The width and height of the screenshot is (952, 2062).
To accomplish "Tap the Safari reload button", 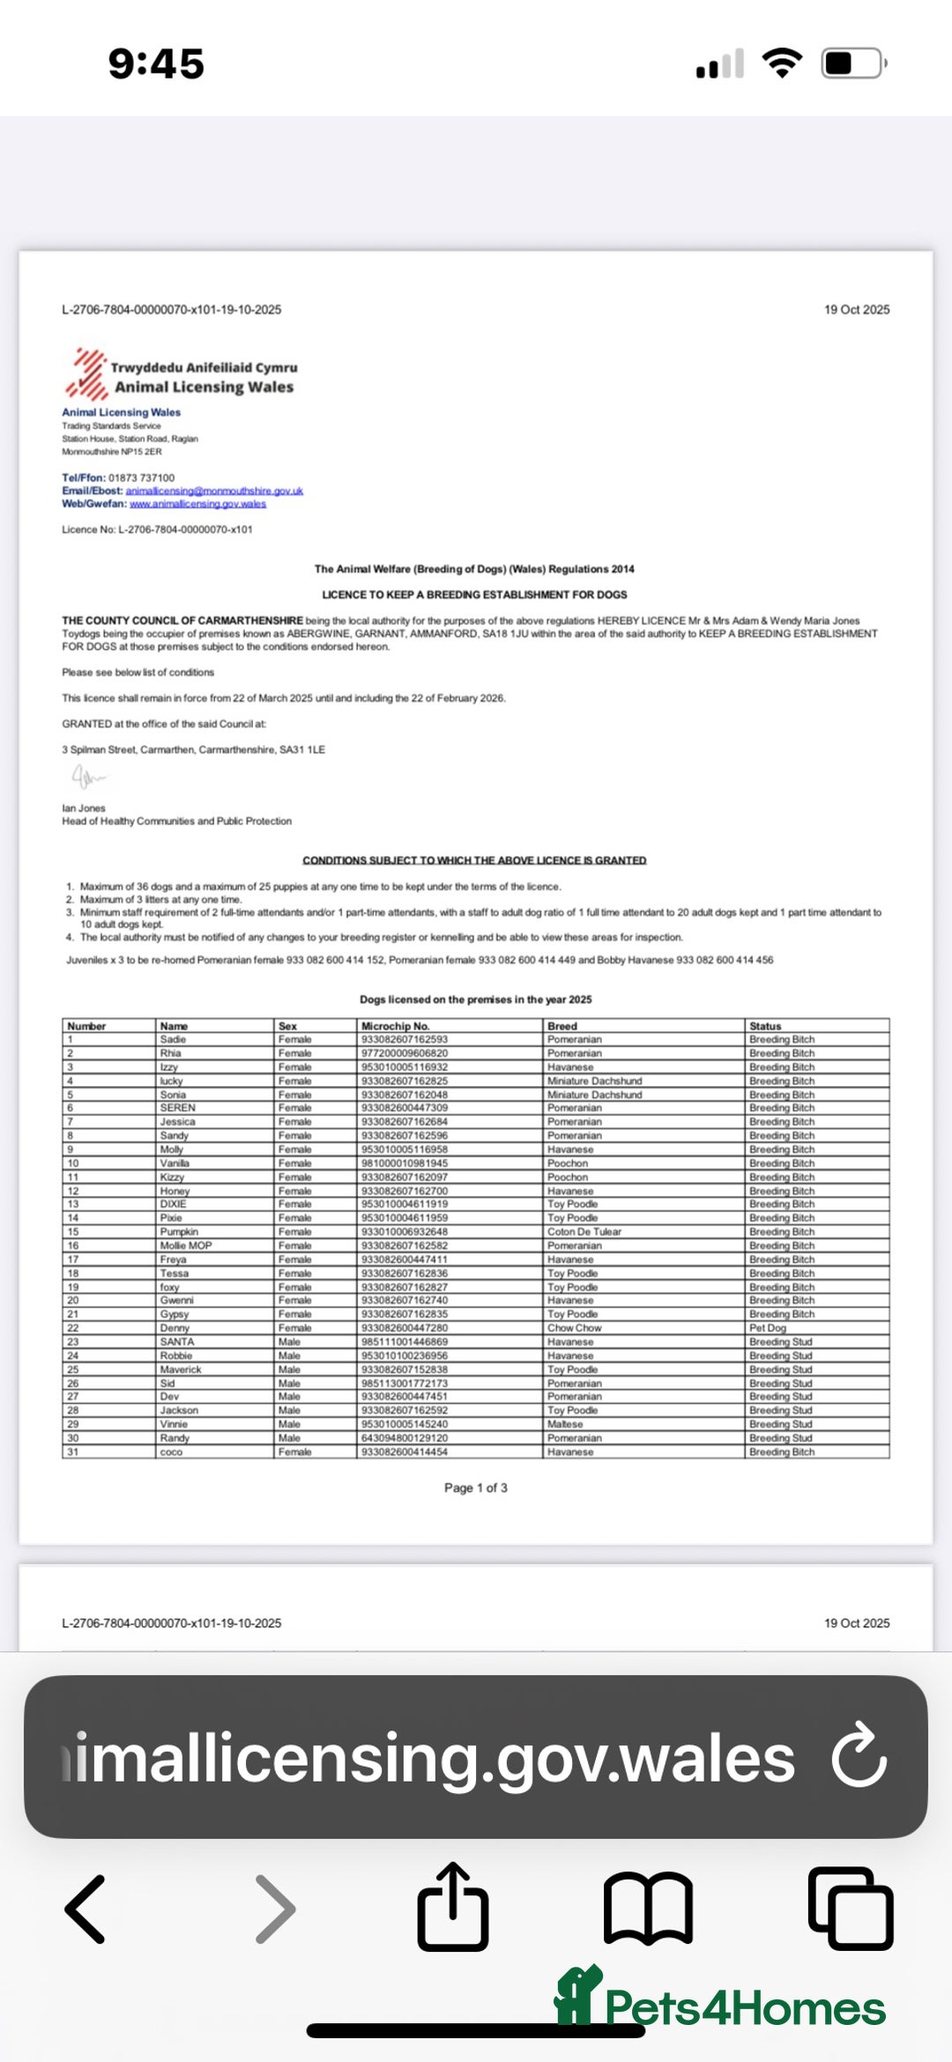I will [859, 1755].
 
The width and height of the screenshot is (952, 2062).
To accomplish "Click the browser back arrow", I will [86, 1909].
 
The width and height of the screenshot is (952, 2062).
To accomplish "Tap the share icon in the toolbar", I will [453, 1906].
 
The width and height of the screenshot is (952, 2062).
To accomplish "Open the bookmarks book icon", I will [648, 1909].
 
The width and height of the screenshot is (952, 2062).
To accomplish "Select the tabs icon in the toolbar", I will [851, 1909].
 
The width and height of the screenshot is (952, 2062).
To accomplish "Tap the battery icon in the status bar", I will [853, 63].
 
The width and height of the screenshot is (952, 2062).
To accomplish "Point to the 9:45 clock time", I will [156, 64].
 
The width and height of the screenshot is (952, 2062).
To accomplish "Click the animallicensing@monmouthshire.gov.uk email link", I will [214, 491].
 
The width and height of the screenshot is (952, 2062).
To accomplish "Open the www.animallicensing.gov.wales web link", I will [197, 504].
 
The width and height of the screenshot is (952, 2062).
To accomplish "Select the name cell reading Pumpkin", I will [179, 1232].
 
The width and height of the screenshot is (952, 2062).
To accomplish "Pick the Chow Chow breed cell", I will [575, 1328].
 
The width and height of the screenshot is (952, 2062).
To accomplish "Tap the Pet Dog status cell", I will [768, 1328].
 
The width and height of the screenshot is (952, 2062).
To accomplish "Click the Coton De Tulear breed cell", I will [584, 1232].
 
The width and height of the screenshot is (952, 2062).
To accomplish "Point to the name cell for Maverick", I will [181, 1369].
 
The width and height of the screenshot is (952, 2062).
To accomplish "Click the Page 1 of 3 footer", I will [475, 1488].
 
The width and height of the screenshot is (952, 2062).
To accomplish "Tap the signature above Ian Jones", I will [89, 777].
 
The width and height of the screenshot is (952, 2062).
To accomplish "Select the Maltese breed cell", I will [565, 1424].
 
